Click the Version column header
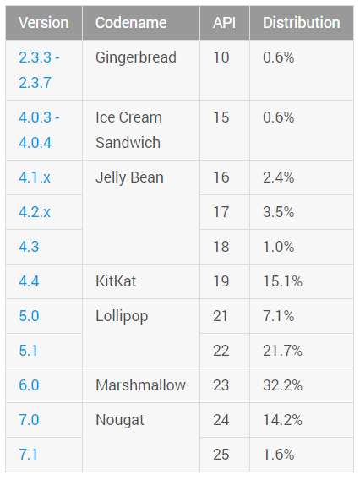click(43, 23)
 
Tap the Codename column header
click(131, 23)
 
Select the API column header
click(225, 23)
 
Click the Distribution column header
click(302, 23)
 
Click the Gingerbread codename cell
click(136, 57)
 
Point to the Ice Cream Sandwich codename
click(128, 130)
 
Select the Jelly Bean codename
click(129, 177)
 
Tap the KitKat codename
click(116, 281)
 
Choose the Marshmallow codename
click(140, 385)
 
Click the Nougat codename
click(120, 420)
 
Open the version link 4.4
click(29, 281)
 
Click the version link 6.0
click(29, 385)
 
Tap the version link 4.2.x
click(35, 212)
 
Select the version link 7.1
click(28, 455)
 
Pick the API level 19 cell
click(221, 281)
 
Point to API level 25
click(221, 455)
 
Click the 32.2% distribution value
click(282, 385)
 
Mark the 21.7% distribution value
click(282, 351)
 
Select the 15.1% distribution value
click(282, 281)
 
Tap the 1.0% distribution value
click(279, 247)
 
